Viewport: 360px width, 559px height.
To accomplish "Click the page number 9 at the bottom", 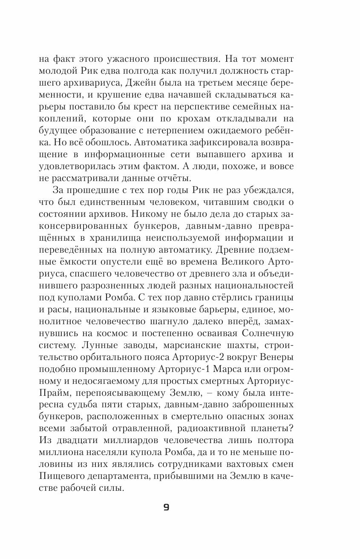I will coord(166,507).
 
